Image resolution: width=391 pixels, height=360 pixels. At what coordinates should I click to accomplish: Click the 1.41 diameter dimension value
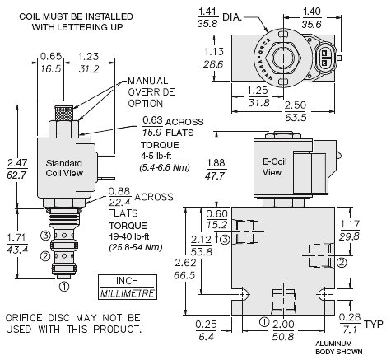tap(207, 17)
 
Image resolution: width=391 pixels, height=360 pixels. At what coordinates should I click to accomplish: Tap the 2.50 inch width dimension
tap(296, 111)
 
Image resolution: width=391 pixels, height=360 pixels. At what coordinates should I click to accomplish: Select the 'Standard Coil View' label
tap(64, 168)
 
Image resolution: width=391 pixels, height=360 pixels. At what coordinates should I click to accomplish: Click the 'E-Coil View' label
tap(274, 166)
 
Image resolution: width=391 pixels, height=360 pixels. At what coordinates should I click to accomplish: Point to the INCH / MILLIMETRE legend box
tap(128, 287)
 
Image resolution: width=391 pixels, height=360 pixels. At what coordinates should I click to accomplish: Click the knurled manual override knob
tap(64, 113)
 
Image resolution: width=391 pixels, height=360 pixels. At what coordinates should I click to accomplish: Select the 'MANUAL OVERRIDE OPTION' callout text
tap(151, 92)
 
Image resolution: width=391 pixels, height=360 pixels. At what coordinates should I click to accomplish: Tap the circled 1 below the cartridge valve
tap(64, 287)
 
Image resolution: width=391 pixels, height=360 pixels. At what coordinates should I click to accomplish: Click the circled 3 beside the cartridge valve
tap(45, 236)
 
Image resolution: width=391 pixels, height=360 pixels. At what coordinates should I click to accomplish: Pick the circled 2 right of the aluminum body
tap(342, 263)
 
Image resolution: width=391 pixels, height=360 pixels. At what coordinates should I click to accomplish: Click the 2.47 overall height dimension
tap(17, 169)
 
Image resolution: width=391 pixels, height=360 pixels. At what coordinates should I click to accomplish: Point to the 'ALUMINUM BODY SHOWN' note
tap(338, 348)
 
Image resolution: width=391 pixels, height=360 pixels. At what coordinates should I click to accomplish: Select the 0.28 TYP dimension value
tap(350, 324)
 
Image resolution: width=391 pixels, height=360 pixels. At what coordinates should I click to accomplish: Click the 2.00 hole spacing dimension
tap(283, 330)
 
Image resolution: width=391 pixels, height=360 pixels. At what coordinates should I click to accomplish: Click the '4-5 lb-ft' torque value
tap(156, 156)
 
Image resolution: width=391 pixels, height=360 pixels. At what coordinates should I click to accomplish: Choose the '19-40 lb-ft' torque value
tap(129, 236)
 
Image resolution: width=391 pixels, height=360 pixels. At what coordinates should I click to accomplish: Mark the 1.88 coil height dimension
tap(216, 170)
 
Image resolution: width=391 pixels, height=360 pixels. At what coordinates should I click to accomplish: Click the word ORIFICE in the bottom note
tap(24, 318)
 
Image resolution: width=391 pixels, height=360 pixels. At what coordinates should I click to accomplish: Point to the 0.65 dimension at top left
tap(51, 63)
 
